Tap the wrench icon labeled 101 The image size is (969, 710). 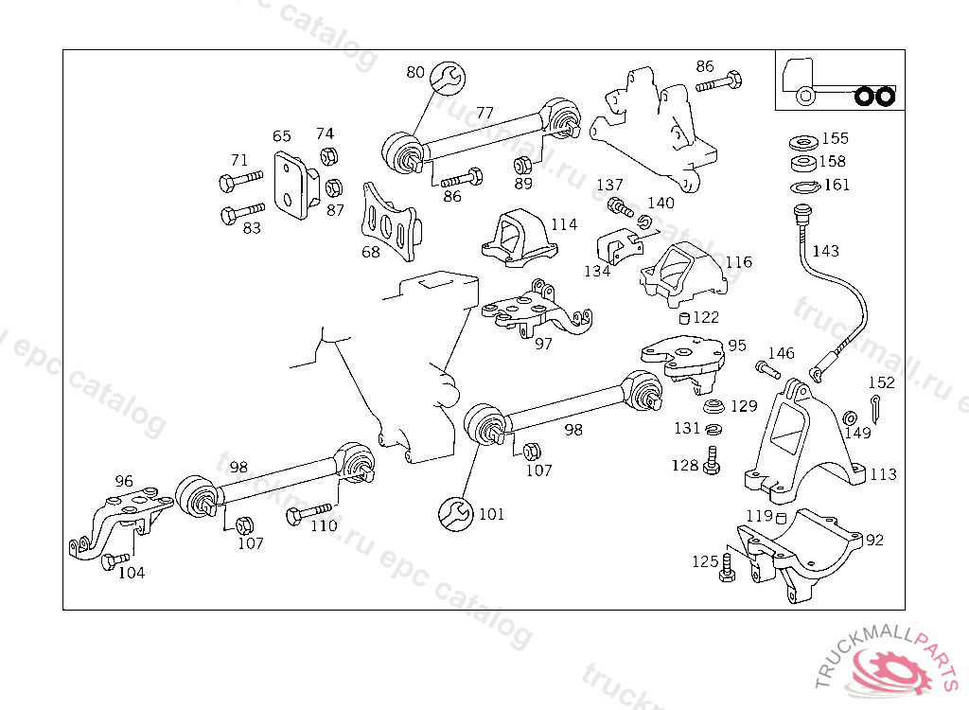pyautogui.click(x=455, y=514)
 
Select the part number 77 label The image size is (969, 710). pyautogui.click(x=484, y=113)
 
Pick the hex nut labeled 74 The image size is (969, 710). pyautogui.click(x=329, y=157)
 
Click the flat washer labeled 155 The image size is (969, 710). pyautogui.click(x=803, y=142)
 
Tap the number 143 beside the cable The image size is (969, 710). pyautogui.click(x=825, y=251)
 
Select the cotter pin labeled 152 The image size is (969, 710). pyautogui.click(x=877, y=409)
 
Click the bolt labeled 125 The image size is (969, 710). pyautogui.click(x=727, y=567)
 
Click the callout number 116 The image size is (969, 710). pyautogui.click(x=738, y=261)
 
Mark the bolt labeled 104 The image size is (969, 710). pyautogui.click(x=114, y=561)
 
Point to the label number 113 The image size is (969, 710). pyautogui.click(x=883, y=474)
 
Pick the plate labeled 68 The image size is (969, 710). pyautogui.click(x=389, y=224)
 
